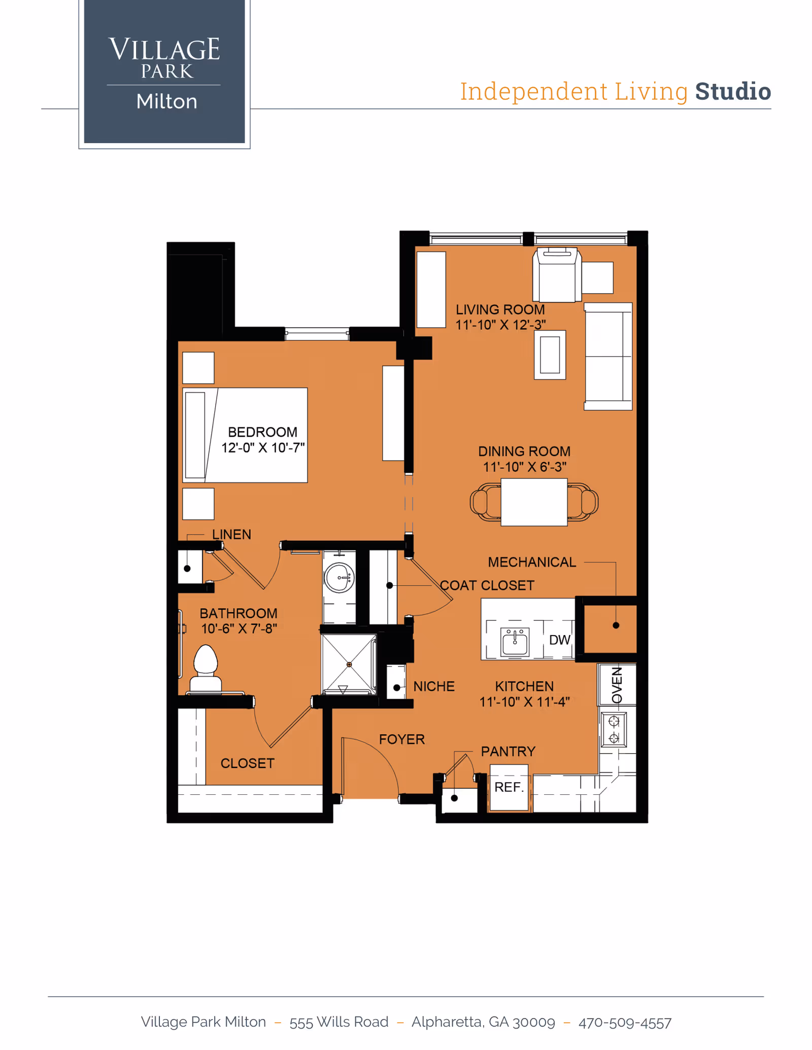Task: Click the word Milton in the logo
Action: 166,102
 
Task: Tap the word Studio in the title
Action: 732,92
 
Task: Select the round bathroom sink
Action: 339,577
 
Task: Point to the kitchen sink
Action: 515,642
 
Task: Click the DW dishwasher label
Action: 559,640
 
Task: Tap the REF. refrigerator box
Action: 509,787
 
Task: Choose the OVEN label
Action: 617,685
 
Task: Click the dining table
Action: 534,502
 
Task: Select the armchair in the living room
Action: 557,275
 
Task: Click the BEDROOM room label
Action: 262,432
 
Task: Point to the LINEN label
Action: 231,535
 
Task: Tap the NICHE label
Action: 434,686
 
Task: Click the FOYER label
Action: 401,740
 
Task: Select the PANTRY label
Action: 508,751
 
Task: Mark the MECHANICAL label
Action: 532,562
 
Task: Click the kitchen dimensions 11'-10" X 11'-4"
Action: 524,702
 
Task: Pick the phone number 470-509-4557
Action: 625,1023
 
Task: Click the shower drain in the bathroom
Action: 349,664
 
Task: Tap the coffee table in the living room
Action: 550,355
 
